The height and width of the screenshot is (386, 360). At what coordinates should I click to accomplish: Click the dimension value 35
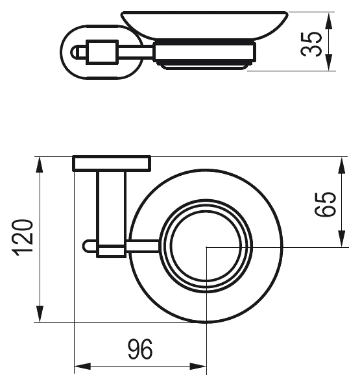pyautogui.click(x=311, y=44)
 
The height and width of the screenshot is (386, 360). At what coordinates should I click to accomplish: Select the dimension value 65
pyautogui.click(x=326, y=204)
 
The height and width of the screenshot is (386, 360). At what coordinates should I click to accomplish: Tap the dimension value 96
pyautogui.click(x=141, y=349)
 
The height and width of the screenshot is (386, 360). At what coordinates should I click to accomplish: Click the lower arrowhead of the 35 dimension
pyautogui.click(x=330, y=62)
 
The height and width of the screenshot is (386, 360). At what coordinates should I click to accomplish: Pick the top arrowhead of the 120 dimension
pyautogui.click(x=40, y=165)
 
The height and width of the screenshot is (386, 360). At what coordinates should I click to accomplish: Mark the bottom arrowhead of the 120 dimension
pyautogui.click(x=40, y=314)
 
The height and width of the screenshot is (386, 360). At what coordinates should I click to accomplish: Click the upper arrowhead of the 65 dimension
pyautogui.click(x=342, y=165)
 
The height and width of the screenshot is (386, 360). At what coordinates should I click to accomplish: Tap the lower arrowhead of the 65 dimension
pyautogui.click(x=342, y=238)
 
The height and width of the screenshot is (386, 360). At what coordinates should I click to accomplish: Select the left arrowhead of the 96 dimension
pyautogui.click(x=82, y=366)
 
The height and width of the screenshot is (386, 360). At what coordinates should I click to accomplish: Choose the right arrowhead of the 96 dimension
pyautogui.click(x=198, y=366)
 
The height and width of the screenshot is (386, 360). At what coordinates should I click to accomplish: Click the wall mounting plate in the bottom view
pyautogui.click(x=112, y=163)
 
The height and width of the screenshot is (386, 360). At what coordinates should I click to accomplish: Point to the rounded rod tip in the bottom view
pyautogui.click(x=86, y=247)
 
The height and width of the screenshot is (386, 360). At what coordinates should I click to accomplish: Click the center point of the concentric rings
pyautogui.click(x=206, y=247)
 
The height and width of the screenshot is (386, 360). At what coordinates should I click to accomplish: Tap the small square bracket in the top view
pyautogui.click(x=102, y=52)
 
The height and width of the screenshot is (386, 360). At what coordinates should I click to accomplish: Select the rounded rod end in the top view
pyautogui.click(x=75, y=52)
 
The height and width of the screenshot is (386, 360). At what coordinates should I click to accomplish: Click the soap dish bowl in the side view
pyautogui.click(x=205, y=25)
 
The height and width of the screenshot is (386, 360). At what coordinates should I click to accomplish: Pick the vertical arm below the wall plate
pyautogui.click(x=112, y=208)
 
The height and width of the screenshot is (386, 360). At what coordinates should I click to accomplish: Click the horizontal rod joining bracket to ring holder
pyautogui.click(x=143, y=247)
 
